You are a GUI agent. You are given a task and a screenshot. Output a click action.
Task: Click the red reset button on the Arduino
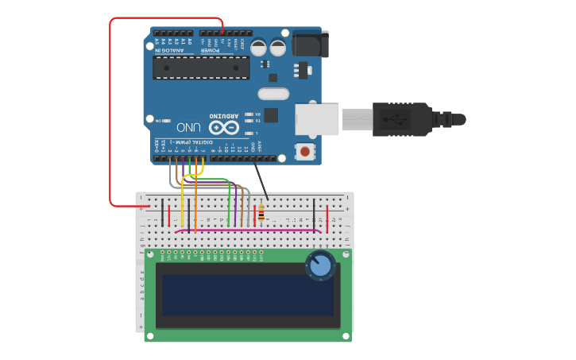click(304, 151)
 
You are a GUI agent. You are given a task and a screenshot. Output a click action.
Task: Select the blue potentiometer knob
click(320, 265)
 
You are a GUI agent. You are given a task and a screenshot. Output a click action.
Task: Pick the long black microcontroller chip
click(201, 68)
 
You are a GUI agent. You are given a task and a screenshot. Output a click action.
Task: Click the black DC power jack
click(310, 44)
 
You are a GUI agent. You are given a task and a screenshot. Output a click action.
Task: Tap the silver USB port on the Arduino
click(318, 118)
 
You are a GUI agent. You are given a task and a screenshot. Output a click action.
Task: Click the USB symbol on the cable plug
click(389, 119)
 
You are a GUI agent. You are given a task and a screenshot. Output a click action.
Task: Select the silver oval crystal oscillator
click(273, 95)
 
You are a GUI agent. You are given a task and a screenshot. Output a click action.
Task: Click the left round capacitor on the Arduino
click(259, 48)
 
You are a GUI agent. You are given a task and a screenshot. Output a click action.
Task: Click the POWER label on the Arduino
click(209, 50)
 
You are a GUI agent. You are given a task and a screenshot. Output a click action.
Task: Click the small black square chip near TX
click(271, 115)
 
